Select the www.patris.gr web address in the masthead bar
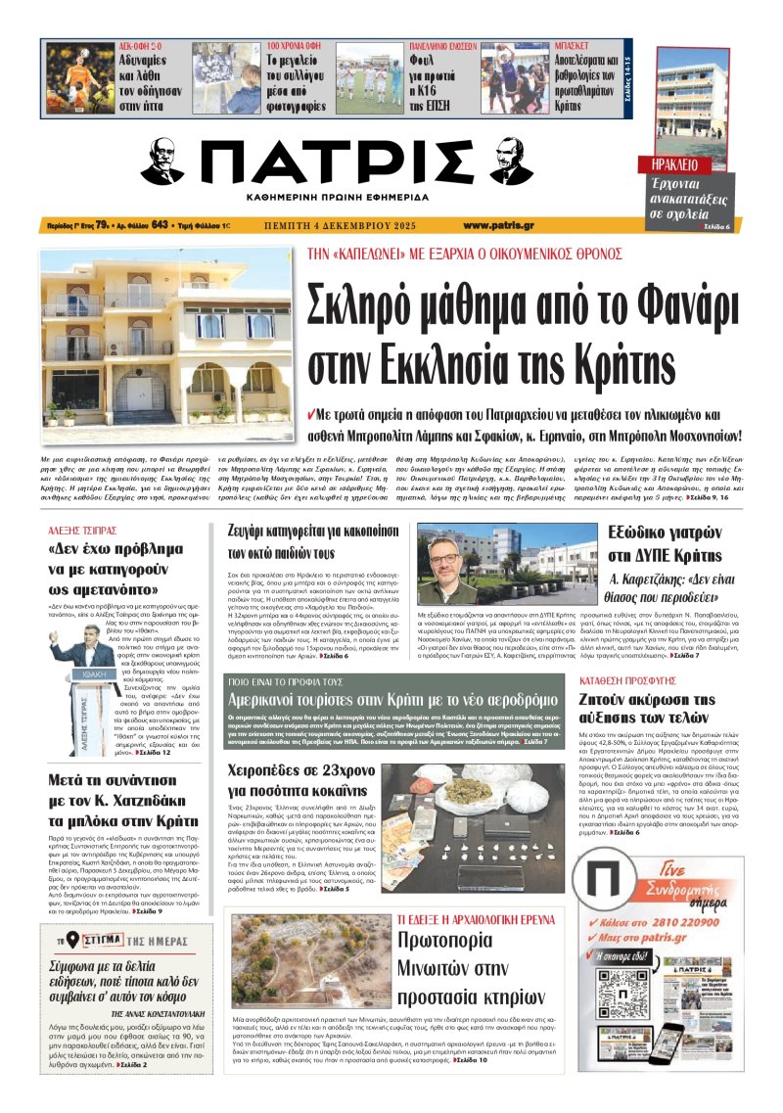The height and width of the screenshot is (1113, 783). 498,225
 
